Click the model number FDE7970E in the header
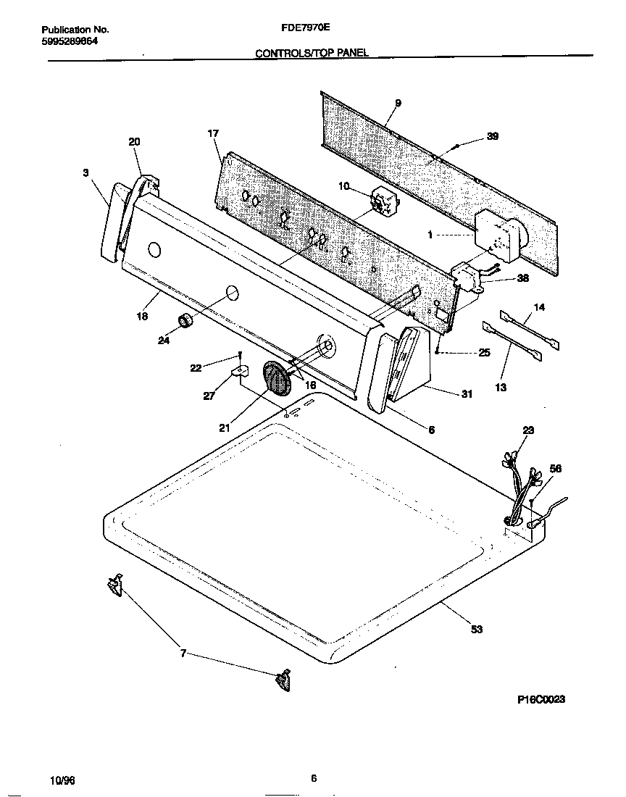click(x=305, y=29)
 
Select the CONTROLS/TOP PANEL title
click(x=312, y=53)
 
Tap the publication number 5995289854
click(x=70, y=41)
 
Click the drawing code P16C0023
click(x=541, y=699)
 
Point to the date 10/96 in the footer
click(x=62, y=780)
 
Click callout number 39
click(x=492, y=136)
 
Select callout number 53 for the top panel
click(x=476, y=629)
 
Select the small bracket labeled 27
click(x=239, y=372)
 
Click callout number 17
click(x=213, y=133)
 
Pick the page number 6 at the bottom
click(x=313, y=779)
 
